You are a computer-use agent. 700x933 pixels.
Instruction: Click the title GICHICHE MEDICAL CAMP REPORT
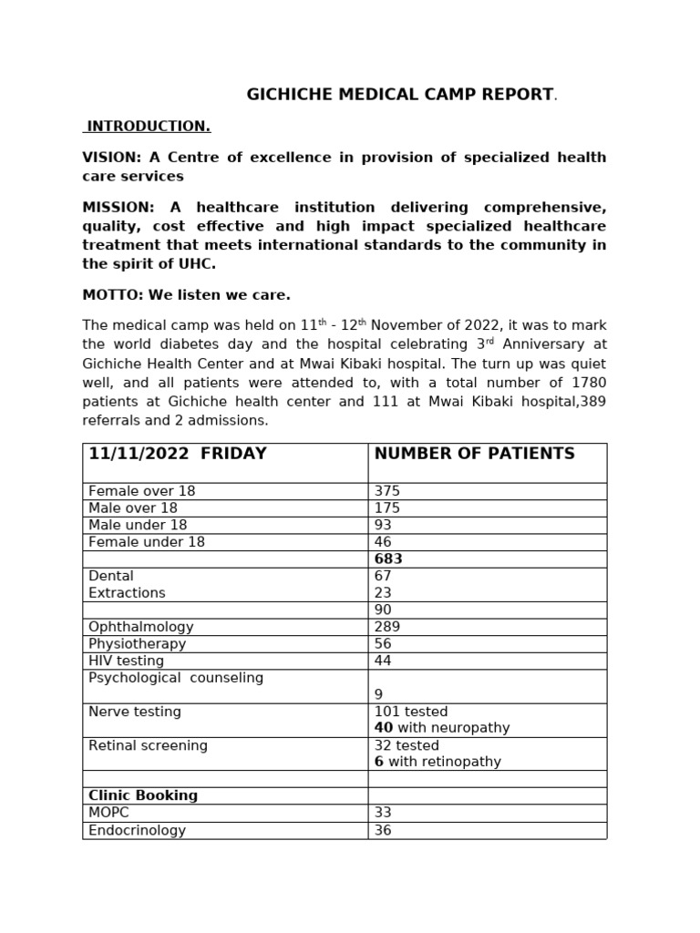tap(401, 95)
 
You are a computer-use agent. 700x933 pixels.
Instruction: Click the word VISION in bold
tap(108, 158)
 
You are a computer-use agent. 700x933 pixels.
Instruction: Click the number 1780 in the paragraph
tap(588, 382)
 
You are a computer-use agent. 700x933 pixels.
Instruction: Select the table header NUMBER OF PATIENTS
tap(474, 454)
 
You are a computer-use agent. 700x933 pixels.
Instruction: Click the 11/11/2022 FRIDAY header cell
tap(177, 454)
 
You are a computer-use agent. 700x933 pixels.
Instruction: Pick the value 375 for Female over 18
tap(387, 491)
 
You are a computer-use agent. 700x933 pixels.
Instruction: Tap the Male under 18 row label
tap(138, 525)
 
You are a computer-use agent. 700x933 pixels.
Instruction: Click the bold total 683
tap(388, 559)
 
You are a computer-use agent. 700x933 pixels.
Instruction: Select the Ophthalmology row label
tap(140, 627)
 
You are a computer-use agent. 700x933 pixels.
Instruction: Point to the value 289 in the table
tap(387, 627)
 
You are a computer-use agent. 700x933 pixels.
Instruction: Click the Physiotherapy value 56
tap(383, 643)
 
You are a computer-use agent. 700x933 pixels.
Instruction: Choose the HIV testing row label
tap(126, 661)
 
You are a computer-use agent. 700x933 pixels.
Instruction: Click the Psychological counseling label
tap(175, 678)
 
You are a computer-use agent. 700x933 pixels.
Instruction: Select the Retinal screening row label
tap(148, 745)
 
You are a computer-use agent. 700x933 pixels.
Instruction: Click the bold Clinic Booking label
tap(143, 795)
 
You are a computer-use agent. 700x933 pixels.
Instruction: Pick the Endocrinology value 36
tap(383, 830)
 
